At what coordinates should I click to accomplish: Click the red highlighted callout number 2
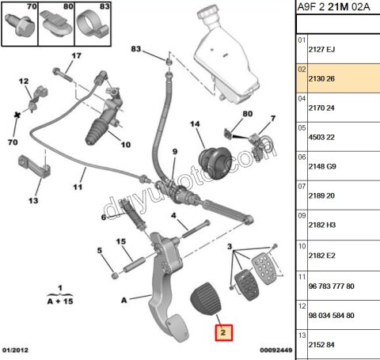(x=224, y=333)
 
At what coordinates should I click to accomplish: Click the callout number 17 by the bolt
(x=77, y=56)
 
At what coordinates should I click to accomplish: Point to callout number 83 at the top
(x=136, y=50)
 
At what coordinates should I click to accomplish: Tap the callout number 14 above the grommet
(x=196, y=124)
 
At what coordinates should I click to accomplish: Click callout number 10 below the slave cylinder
(x=124, y=144)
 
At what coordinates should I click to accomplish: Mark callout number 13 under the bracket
(x=32, y=201)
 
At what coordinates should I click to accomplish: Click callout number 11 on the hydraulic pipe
(x=78, y=188)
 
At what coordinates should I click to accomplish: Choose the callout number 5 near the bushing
(x=100, y=251)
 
